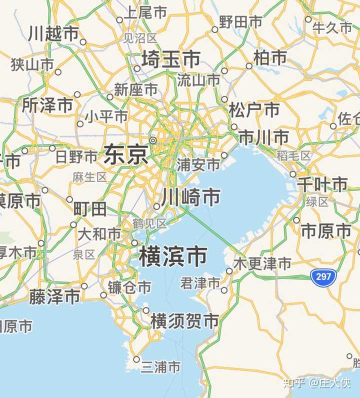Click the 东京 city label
(x=126, y=154)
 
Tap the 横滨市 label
(x=173, y=256)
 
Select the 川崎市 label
(x=190, y=197)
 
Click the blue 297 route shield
(x=323, y=276)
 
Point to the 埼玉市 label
(x=171, y=59)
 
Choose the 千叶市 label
(x=322, y=184)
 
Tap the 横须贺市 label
(x=185, y=320)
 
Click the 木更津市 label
(x=263, y=263)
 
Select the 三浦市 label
(x=160, y=367)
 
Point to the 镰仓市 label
(x=129, y=287)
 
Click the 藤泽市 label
(x=54, y=297)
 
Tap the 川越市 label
(x=53, y=33)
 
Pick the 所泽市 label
(x=47, y=105)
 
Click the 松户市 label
(x=254, y=109)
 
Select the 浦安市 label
(x=198, y=164)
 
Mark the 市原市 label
(x=326, y=230)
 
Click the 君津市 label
(x=200, y=284)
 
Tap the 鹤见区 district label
(x=149, y=223)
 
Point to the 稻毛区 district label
(x=293, y=156)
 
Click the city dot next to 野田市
(x=215, y=29)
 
